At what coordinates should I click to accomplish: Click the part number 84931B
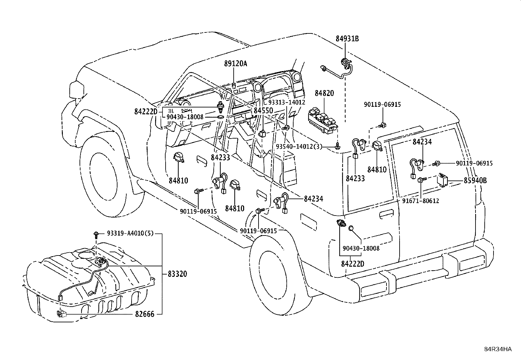pyautogui.click(x=347, y=39)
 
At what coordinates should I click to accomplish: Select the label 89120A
pyautogui.click(x=235, y=63)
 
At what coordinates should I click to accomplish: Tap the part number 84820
pyautogui.click(x=324, y=93)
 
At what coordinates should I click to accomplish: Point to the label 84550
pyautogui.click(x=263, y=110)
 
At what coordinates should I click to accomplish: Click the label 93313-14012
pyautogui.click(x=287, y=102)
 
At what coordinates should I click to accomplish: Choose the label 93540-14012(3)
pyautogui.click(x=299, y=146)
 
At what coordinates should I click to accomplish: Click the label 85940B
pyautogui.click(x=475, y=180)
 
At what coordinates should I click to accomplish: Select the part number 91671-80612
pyautogui.click(x=421, y=200)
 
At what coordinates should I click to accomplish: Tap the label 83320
pyautogui.click(x=177, y=274)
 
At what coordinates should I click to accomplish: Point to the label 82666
pyautogui.click(x=145, y=314)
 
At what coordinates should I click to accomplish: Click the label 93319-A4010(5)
pyautogui.click(x=130, y=233)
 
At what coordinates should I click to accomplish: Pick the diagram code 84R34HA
pyautogui.click(x=498, y=349)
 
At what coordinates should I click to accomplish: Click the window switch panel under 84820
pyautogui.click(x=323, y=121)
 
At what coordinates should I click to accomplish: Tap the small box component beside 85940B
pyautogui.click(x=443, y=180)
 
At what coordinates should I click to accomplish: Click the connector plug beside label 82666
pyautogui.click(x=62, y=314)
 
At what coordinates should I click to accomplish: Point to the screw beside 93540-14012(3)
pyautogui.click(x=337, y=146)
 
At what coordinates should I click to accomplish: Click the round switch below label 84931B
pyautogui.click(x=345, y=63)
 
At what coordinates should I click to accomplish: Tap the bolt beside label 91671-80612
pyautogui.click(x=422, y=180)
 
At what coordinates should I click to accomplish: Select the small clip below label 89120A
pyautogui.click(x=234, y=85)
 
